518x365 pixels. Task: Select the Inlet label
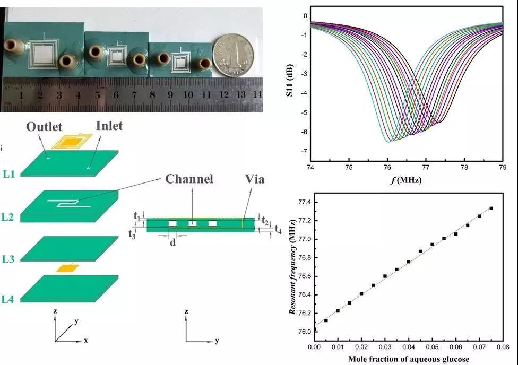point(109,126)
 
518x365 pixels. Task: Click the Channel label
point(189,179)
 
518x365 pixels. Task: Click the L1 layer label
point(8,173)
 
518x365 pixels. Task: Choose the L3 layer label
point(8,259)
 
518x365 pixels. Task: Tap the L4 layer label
point(8,299)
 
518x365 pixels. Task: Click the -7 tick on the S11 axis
point(304,152)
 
